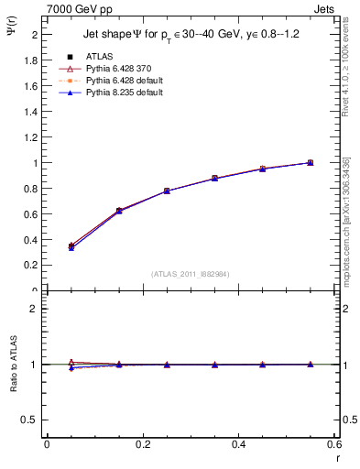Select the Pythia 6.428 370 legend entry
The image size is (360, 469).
tap(117, 69)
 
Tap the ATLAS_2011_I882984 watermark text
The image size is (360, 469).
tap(191, 274)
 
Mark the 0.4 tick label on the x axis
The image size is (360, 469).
tap(238, 443)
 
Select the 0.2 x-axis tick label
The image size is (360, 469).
tap(142, 443)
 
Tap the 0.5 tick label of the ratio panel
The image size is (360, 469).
tap(32, 420)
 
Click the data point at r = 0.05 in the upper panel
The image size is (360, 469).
tap(71, 245)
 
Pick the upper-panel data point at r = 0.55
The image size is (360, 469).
tap(310, 163)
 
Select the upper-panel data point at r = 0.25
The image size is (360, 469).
tap(167, 191)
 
